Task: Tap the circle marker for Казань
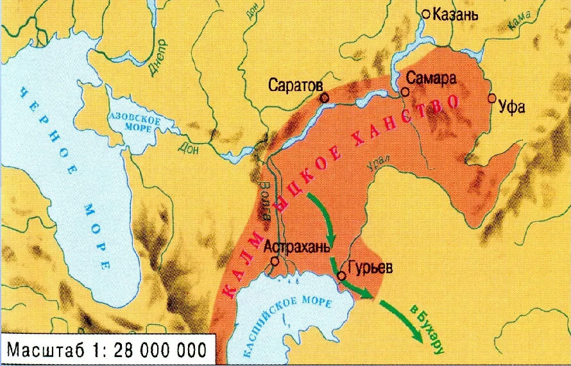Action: click(426, 13)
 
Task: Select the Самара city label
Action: click(432, 78)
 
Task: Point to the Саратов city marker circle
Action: click(325, 98)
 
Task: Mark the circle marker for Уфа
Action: click(492, 98)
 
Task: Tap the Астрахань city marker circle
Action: click(275, 261)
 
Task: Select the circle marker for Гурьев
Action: click(342, 276)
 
